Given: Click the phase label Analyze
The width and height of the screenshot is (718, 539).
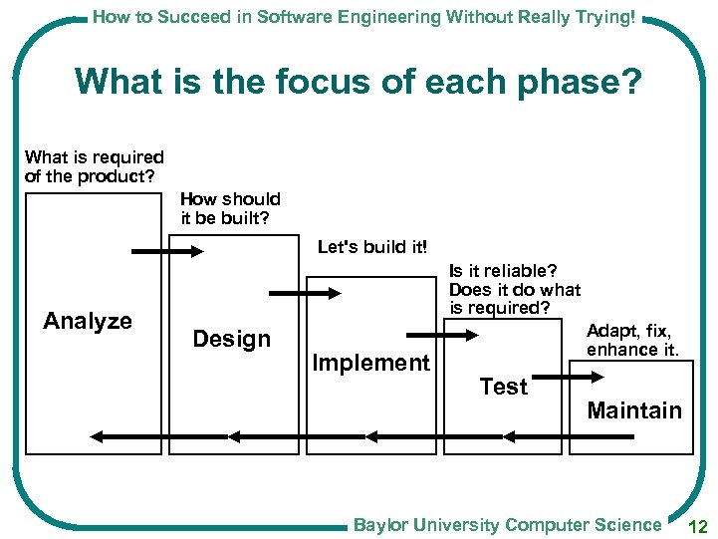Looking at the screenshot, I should [x=88, y=321].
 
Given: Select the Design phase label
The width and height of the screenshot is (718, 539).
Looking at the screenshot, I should [x=231, y=339].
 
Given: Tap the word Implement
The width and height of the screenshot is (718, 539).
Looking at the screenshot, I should [x=370, y=363].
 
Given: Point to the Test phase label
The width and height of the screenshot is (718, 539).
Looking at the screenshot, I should [x=503, y=387].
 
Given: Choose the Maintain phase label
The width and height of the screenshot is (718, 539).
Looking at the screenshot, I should [x=634, y=410].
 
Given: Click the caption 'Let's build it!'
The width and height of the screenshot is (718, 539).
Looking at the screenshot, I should [x=370, y=247].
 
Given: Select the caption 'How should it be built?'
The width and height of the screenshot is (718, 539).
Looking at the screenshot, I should [x=230, y=208].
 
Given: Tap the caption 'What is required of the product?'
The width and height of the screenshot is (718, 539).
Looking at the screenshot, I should [x=94, y=166].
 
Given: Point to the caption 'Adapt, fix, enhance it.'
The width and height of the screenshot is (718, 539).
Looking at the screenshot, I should [x=632, y=340].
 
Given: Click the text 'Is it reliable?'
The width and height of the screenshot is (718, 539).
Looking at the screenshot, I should [x=503, y=271].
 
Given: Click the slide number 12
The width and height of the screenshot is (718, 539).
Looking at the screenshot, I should [x=696, y=525].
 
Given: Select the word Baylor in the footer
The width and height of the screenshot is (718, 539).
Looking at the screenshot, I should [x=382, y=524].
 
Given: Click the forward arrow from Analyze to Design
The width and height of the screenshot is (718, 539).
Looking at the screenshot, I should [x=166, y=252].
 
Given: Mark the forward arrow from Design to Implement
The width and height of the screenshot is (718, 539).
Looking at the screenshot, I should [x=305, y=293].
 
